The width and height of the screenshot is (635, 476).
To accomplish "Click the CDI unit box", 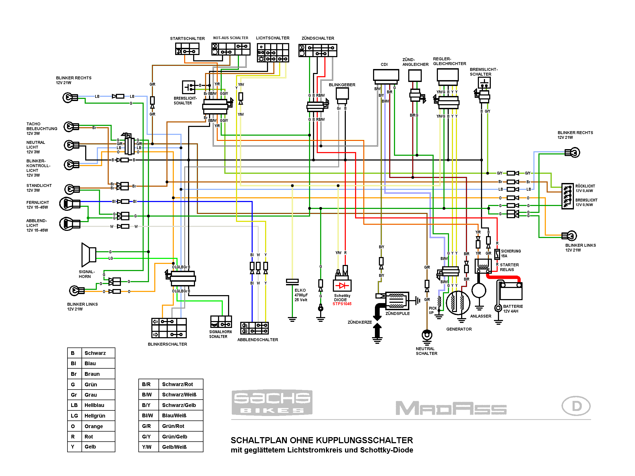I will (x=386, y=75).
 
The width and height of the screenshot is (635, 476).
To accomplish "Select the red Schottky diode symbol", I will (x=342, y=286).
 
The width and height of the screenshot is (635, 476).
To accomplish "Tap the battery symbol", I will (x=511, y=291).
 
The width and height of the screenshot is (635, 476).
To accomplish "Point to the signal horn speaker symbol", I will (x=89, y=255).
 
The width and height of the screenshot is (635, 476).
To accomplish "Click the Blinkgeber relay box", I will (x=342, y=94).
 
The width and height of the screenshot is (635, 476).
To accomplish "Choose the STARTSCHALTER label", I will (x=187, y=38).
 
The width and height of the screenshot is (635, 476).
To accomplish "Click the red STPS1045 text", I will (x=342, y=304).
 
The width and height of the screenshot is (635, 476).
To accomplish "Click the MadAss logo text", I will (x=451, y=408).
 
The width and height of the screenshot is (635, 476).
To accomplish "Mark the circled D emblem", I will (x=576, y=406).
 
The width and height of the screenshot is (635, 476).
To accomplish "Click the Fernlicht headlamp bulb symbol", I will (x=67, y=204).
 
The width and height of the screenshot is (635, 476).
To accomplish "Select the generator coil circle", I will (x=458, y=303).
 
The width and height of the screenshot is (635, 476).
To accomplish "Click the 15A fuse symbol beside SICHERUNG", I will (x=497, y=254).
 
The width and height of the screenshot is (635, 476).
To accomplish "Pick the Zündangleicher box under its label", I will (x=415, y=75).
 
